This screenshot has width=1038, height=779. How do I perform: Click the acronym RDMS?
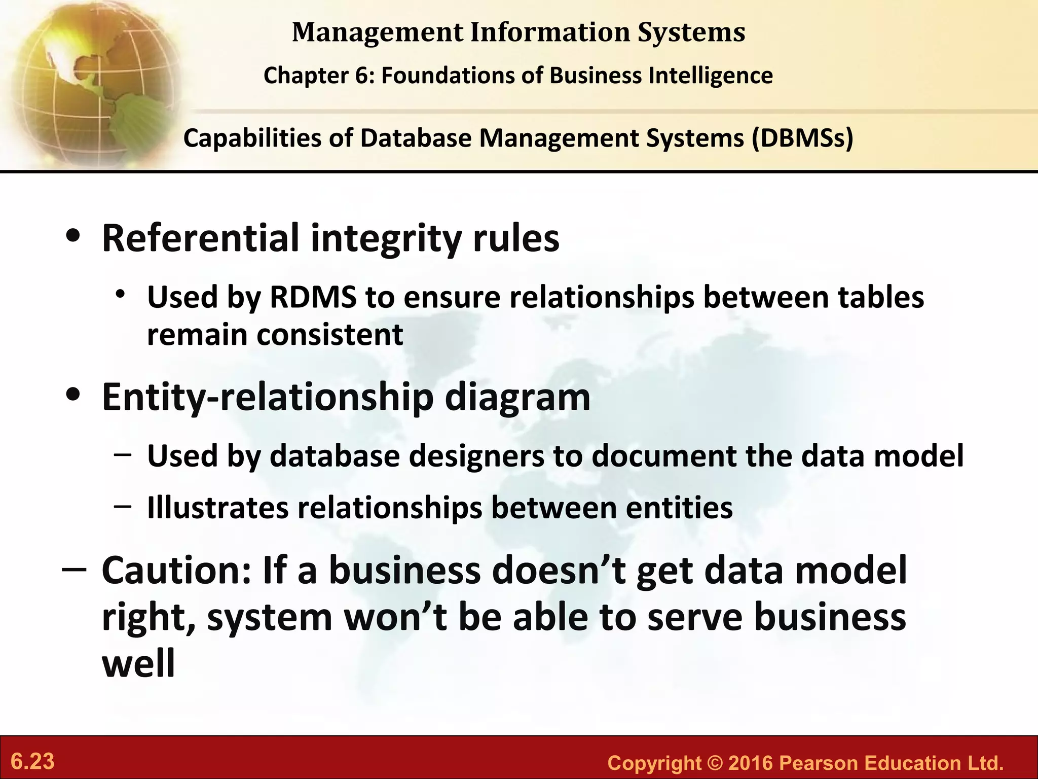pos(313,297)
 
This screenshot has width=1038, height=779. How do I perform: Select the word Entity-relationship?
pos(268,398)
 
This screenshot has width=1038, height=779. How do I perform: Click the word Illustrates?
pos(217,508)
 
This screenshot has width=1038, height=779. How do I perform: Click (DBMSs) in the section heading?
pos(802,138)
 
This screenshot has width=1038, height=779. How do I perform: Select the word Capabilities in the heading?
pos(252,138)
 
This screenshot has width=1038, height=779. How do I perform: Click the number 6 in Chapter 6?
pos(366,76)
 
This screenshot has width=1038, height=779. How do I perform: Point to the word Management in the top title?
pos(378,32)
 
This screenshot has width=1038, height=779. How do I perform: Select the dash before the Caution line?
pos(74,571)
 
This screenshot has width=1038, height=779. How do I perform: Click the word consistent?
pos(330,335)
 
